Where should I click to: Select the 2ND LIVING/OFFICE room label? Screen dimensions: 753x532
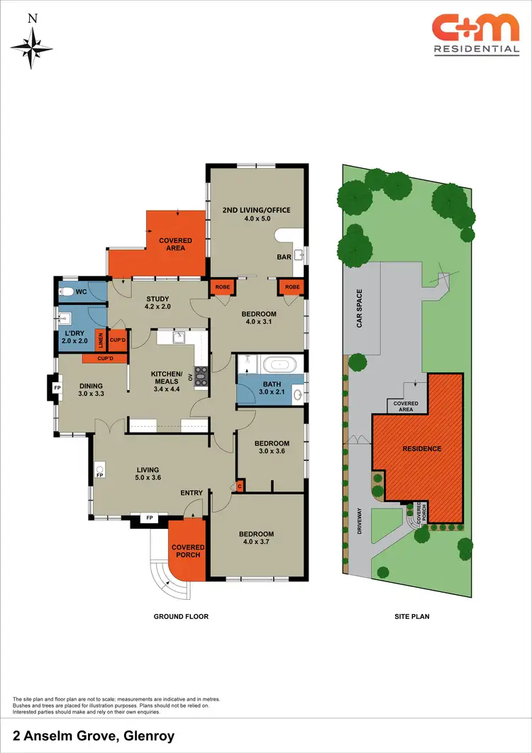tap(257, 210)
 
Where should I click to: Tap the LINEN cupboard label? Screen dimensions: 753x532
tap(101, 340)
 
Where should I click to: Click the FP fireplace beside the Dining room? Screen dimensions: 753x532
tap(58, 388)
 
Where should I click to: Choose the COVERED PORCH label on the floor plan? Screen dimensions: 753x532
tap(188, 551)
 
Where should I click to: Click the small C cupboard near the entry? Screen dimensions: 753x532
tap(239, 486)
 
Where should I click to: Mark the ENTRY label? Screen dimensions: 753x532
tap(192, 493)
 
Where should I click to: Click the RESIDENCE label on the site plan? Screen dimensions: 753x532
tap(422, 448)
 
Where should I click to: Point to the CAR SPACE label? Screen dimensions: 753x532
tap(360, 308)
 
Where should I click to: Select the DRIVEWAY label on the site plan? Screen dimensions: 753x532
tap(360, 523)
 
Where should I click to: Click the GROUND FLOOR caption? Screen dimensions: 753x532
tap(181, 617)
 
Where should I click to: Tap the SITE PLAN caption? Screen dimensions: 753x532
tap(412, 617)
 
